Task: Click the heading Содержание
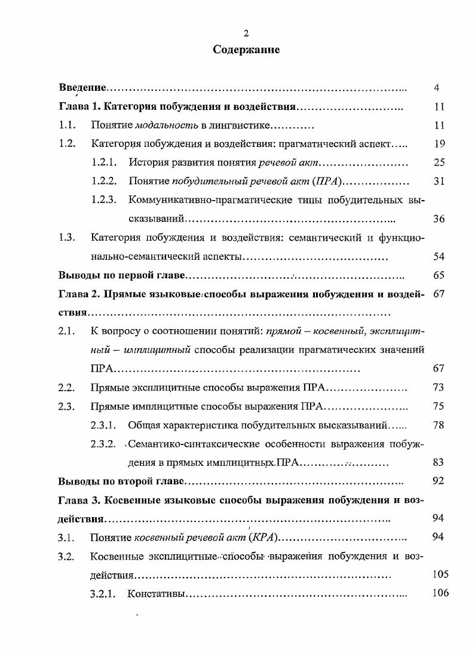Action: [246, 50]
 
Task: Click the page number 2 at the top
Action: [246, 33]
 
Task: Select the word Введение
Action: [82, 88]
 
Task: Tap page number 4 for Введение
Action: [437, 88]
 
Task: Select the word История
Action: [148, 163]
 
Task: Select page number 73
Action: [439, 388]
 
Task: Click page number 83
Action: [439, 462]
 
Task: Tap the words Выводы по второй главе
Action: [122, 481]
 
